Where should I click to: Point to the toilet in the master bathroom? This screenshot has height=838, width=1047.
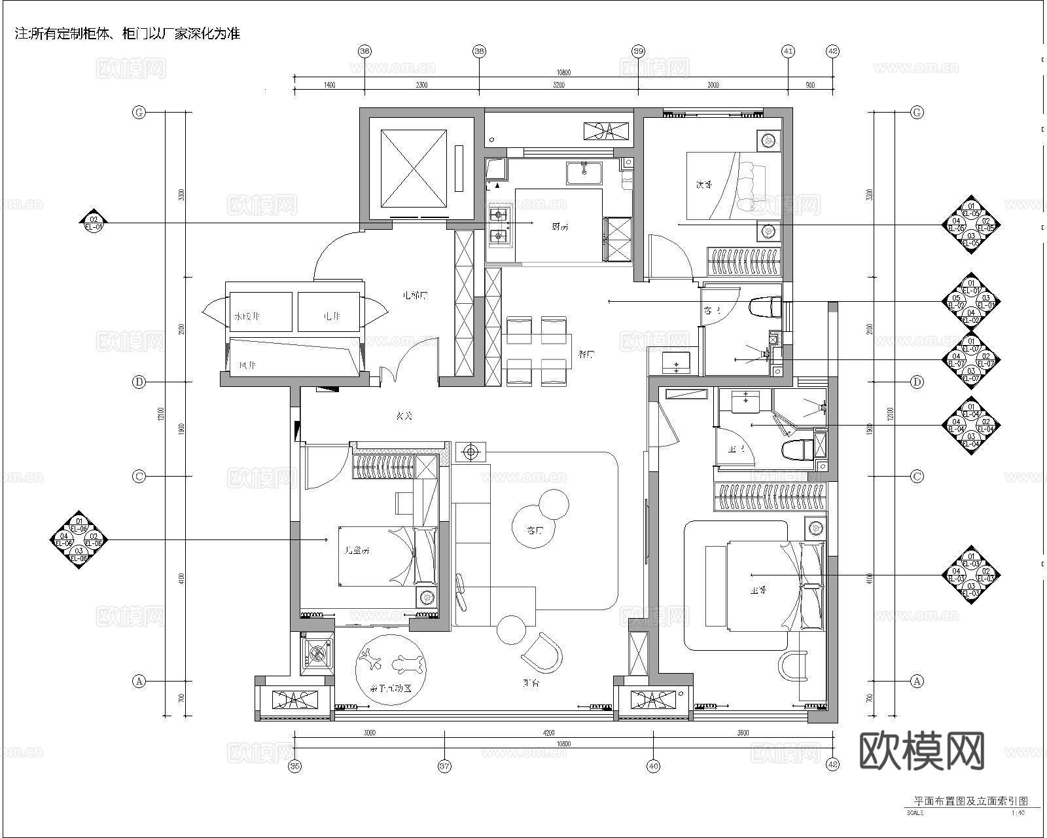coord(797,449)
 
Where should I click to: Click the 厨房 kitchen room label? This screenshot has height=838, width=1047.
coord(560,227)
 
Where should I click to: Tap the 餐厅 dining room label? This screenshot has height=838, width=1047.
coord(586,355)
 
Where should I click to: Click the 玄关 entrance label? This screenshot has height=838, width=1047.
coord(404,416)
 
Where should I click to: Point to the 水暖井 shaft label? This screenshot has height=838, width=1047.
coord(247,317)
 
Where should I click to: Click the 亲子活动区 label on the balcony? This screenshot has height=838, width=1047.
coord(390,689)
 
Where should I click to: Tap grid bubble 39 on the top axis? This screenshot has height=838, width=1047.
coord(638,51)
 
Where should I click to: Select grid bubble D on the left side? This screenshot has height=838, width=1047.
coord(139,382)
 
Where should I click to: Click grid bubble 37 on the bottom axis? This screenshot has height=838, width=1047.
coord(444,765)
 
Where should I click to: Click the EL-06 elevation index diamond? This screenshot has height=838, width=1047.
coord(79,539)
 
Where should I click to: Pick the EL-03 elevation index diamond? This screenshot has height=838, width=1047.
coord(971,575)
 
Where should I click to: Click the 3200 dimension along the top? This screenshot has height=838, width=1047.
coord(558,85)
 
